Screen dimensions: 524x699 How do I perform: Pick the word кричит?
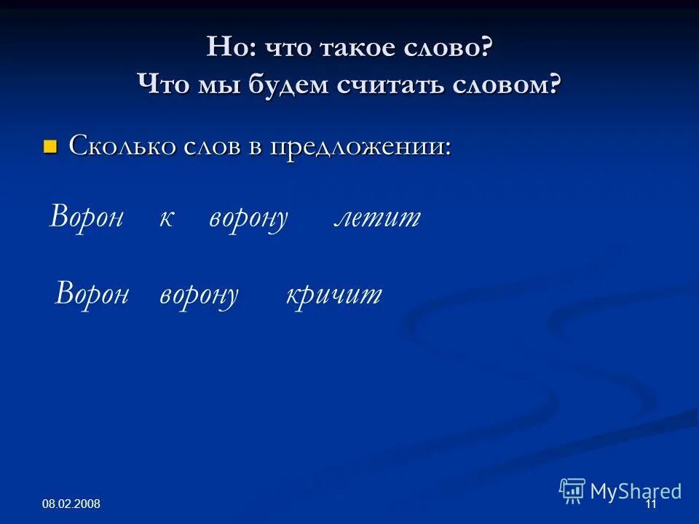pyautogui.click(x=334, y=294)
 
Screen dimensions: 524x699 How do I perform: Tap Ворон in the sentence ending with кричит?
pyautogui.click(x=92, y=294)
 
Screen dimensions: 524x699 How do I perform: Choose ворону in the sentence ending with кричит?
pyautogui.click(x=199, y=295)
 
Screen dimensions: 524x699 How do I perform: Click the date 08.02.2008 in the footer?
pyautogui.click(x=71, y=504)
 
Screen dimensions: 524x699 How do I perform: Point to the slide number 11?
pyautogui.click(x=651, y=505)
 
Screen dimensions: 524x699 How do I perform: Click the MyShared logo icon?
pyautogui.click(x=572, y=491)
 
